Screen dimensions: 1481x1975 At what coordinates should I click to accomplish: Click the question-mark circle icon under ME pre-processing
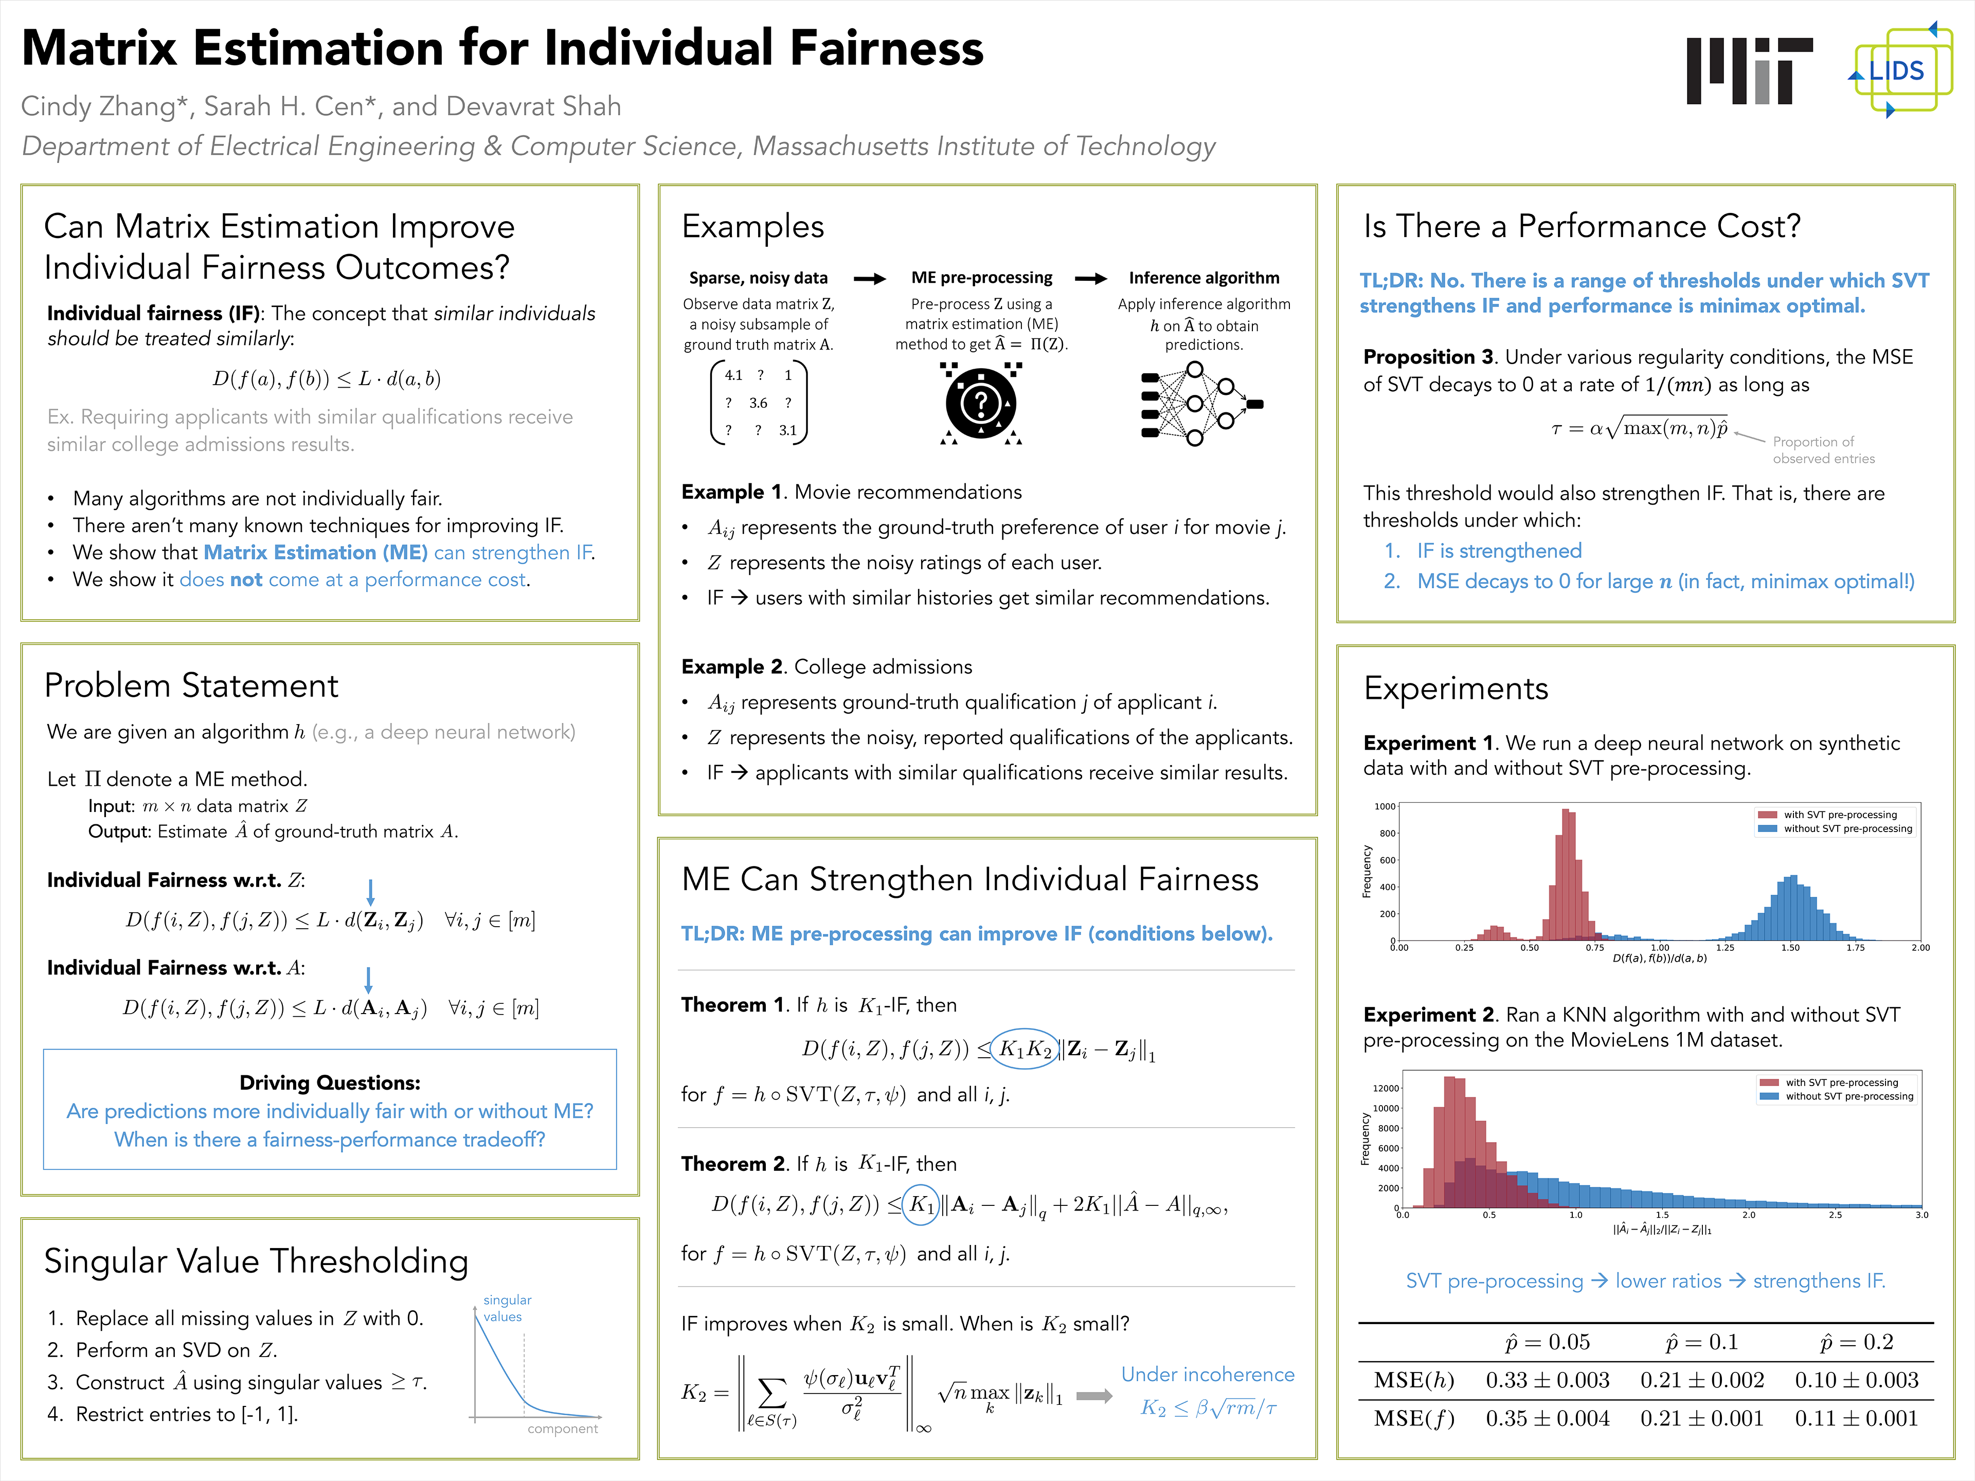[980, 404]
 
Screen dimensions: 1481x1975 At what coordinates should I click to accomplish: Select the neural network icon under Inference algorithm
[1201, 404]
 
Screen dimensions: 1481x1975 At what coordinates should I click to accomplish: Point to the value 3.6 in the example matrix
[758, 403]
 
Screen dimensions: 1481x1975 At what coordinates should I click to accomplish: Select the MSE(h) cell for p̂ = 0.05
[1547, 1380]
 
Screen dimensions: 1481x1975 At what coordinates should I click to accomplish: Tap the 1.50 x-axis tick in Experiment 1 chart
[1790, 947]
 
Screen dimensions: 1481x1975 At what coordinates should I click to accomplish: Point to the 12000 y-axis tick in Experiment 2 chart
[1386, 1088]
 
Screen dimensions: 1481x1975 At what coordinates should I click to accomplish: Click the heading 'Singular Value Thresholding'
[256, 1260]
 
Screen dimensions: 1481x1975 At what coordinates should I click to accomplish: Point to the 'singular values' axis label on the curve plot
[506, 1308]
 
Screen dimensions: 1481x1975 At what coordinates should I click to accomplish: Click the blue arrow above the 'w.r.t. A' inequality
[369, 979]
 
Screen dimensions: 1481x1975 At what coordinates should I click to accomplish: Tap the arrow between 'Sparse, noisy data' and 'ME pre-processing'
[870, 279]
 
